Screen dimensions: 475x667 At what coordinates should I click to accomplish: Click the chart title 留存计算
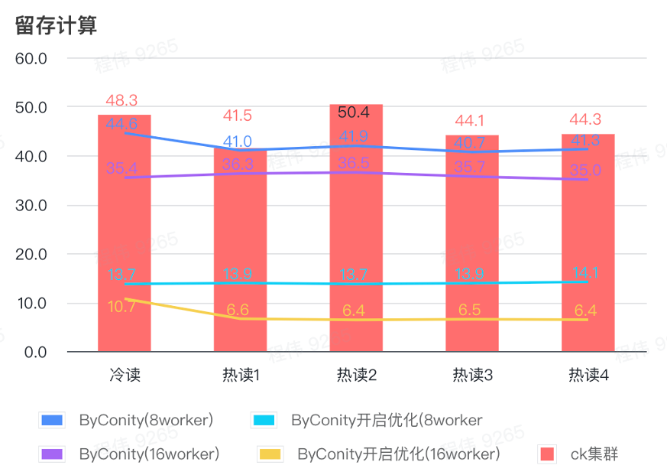pyautogui.click(x=56, y=25)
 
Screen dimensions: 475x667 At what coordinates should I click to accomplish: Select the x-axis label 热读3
pyautogui.click(x=472, y=376)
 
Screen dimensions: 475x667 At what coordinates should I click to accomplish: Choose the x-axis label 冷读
pyautogui.click(x=125, y=376)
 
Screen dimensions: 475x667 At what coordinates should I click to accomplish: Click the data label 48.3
pyautogui.click(x=122, y=100)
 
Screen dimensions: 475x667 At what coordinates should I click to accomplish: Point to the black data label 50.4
pyautogui.click(x=354, y=112)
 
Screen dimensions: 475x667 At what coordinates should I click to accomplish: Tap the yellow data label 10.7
pyautogui.click(x=122, y=307)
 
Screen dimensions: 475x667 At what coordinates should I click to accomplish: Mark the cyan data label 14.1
pyautogui.click(x=585, y=273)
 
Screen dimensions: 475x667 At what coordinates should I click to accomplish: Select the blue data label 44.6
pyautogui.click(x=122, y=124)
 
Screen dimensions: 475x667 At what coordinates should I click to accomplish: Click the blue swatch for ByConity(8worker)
pyautogui.click(x=51, y=420)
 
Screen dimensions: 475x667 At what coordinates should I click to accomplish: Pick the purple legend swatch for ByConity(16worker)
pyautogui.click(x=51, y=454)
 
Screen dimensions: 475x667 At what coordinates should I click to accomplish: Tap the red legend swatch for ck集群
pyautogui.click(x=547, y=454)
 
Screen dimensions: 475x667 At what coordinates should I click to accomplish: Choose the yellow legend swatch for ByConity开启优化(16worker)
pyautogui.click(x=269, y=454)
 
